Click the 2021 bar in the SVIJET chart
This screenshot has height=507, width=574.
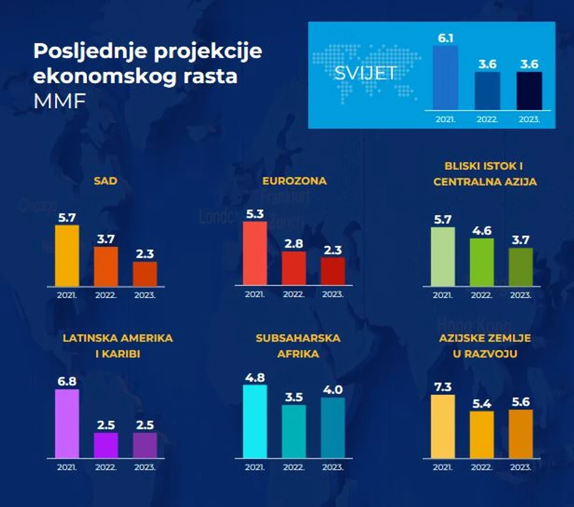click(x=445, y=78)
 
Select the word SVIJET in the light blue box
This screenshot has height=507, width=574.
click(x=365, y=73)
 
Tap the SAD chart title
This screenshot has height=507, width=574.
click(x=106, y=181)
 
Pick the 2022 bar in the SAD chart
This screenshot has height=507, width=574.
click(x=106, y=266)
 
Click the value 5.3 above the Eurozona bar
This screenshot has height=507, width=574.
click(x=255, y=214)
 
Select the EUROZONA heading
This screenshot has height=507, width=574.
click(x=294, y=181)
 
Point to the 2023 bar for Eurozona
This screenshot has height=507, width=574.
click(x=333, y=271)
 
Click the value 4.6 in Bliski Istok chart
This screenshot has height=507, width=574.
click(x=482, y=231)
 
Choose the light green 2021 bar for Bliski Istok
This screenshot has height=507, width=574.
click(x=443, y=257)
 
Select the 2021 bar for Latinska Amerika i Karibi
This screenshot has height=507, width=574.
click(x=67, y=424)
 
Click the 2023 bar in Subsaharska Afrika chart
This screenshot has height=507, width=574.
click(x=333, y=428)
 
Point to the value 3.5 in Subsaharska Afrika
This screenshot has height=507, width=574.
click(x=294, y=397)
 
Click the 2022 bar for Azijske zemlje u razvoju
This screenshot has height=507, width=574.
click(x=482, y=434)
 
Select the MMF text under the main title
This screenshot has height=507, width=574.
click(x=51, y=101)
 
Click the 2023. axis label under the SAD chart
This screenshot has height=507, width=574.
click(x=145, y=294)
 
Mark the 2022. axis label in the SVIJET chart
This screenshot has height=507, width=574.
click(x=487, y=120)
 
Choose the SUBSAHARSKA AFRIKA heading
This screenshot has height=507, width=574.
click(x=298, y=346)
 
